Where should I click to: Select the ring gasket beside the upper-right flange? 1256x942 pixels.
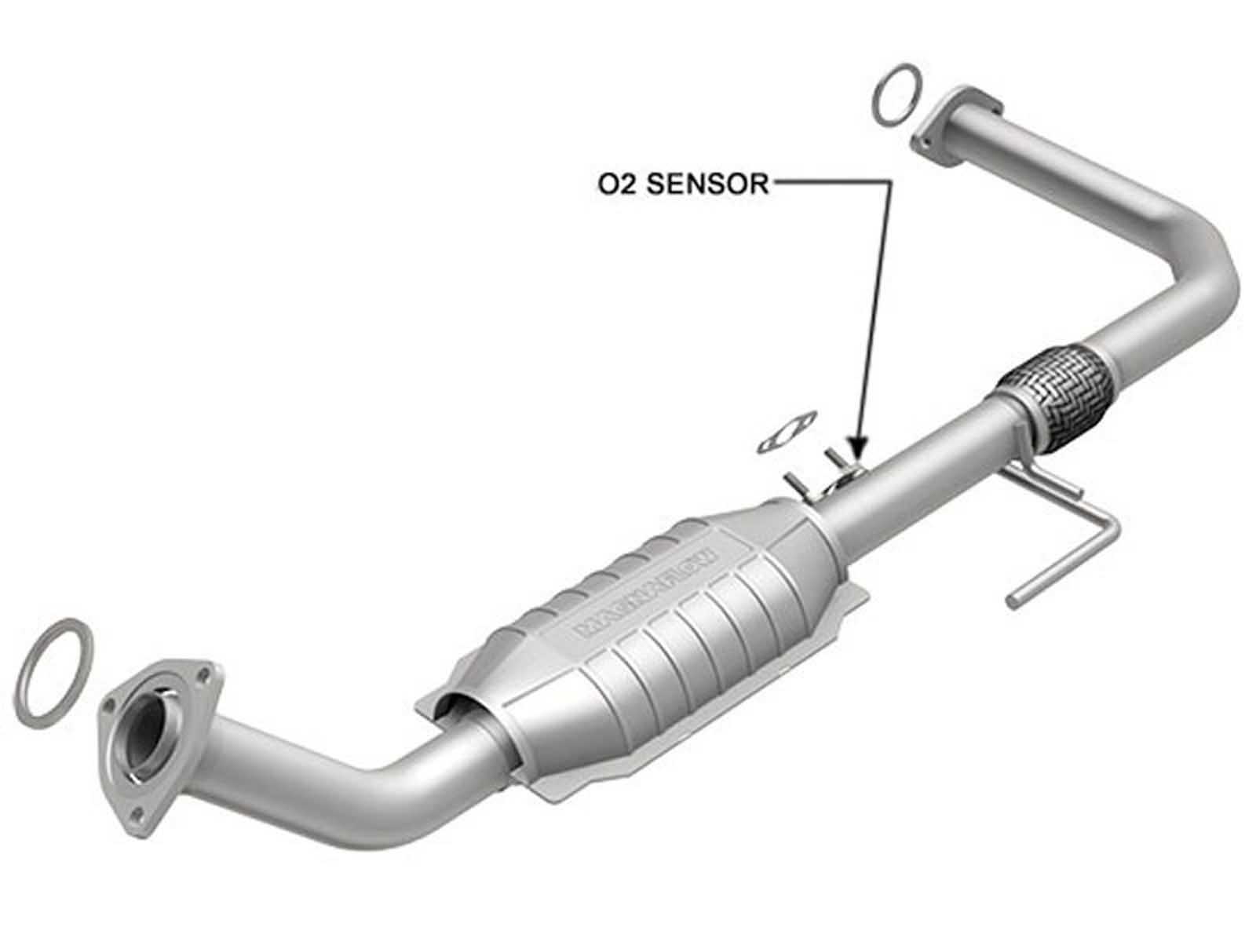click(x=896, y=93)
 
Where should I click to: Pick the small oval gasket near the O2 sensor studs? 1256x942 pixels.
click(x=787, y=433)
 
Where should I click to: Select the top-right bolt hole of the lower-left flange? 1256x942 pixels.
click(x=206, y=673)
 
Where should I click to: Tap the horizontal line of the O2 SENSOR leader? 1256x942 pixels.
click(x=832, y=183)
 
